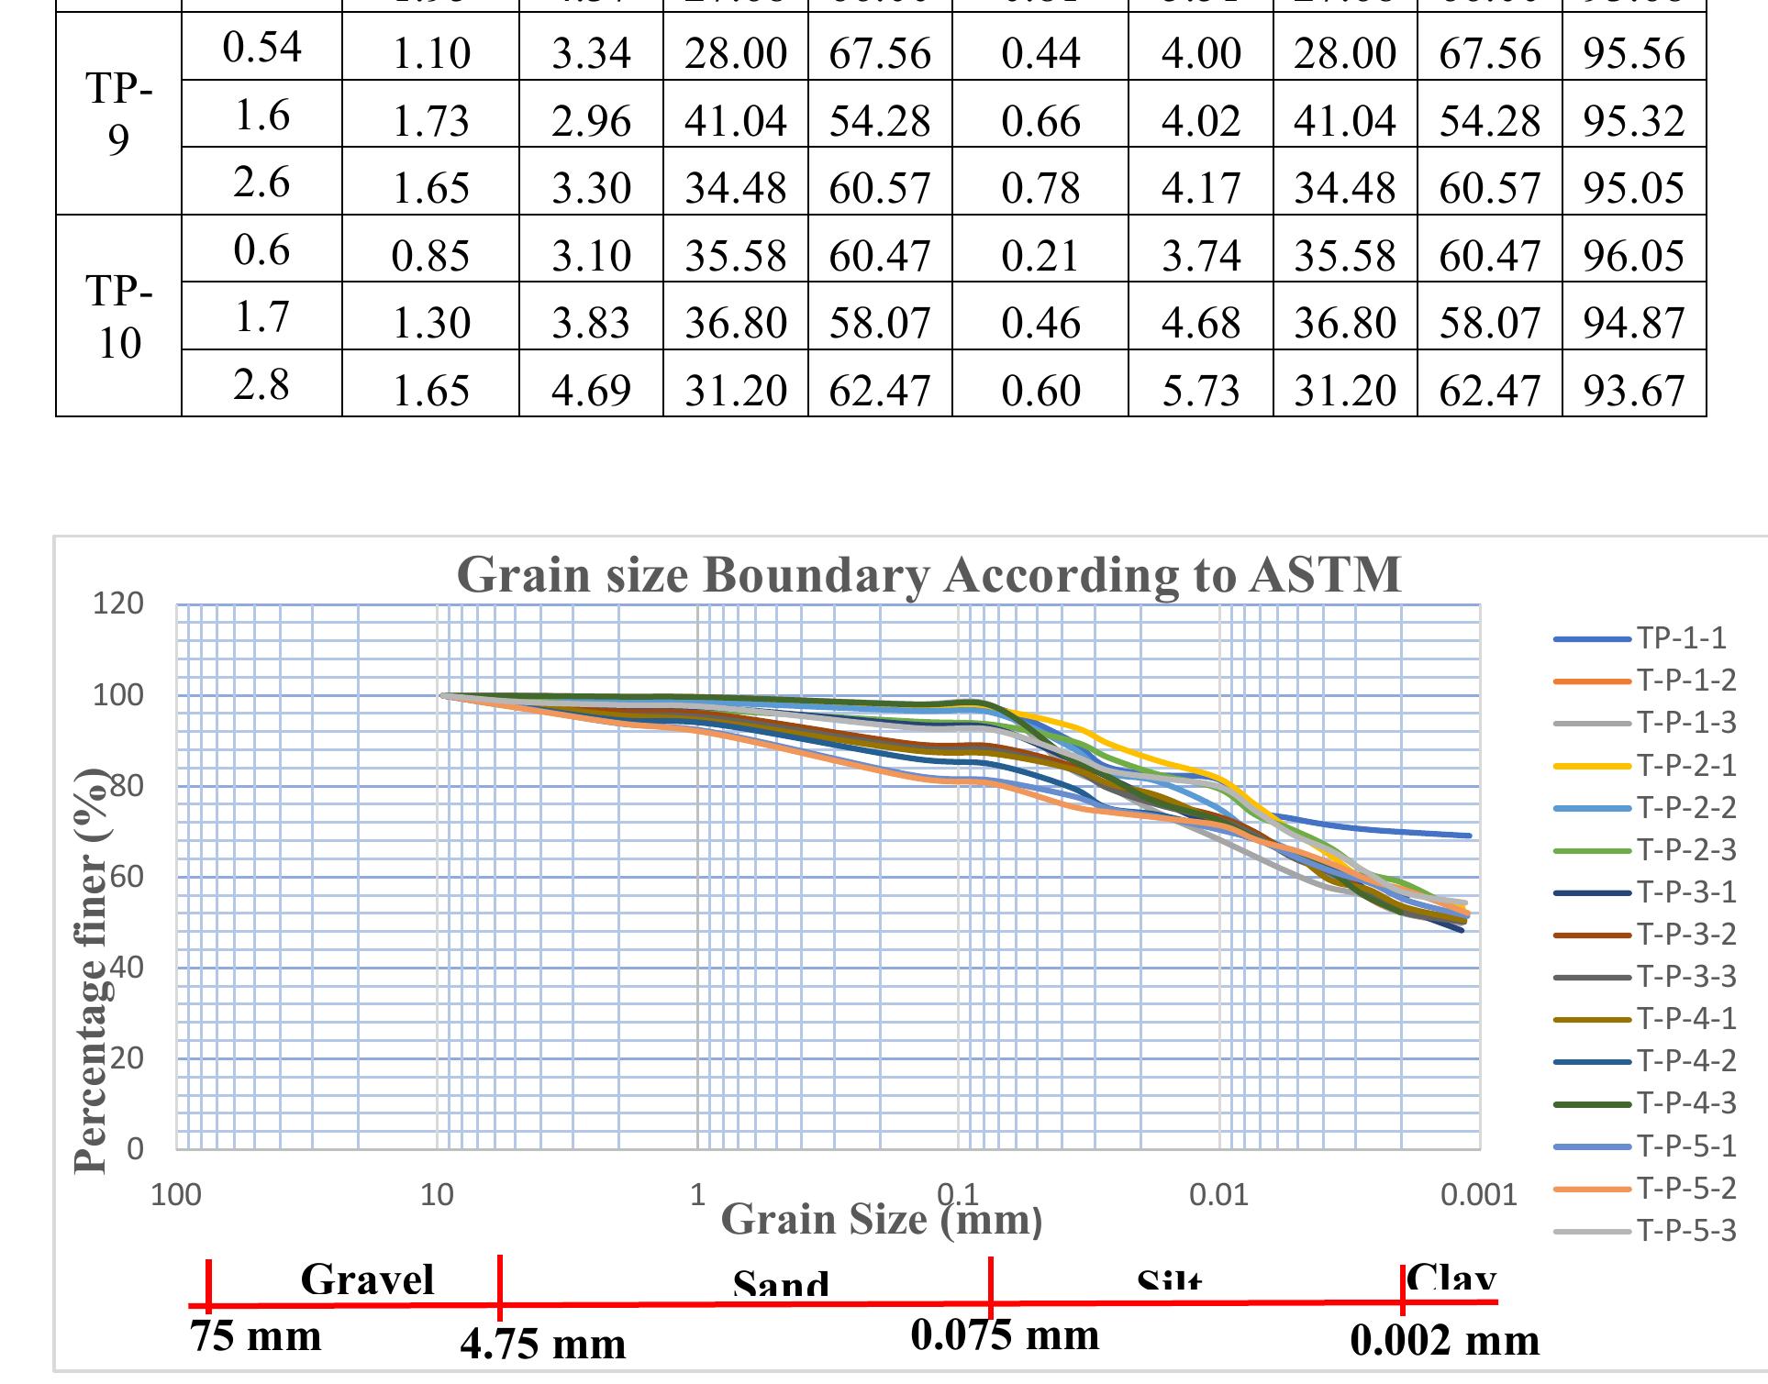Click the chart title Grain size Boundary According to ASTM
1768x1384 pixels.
(x=928, y=575)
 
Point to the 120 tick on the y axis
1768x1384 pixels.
(x=118, y=603)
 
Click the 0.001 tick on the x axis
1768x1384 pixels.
(x=1478, y=1194)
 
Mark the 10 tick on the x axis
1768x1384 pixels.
(x=437, y=1194)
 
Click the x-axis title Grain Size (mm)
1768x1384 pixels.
(x=882, y=1220)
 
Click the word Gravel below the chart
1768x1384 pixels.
(x=367, y=1279)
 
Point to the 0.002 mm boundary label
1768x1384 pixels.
(x=1445, y=1341)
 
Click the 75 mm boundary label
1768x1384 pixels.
(x=256, y=1336)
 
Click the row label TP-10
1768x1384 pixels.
(x=118, y=316)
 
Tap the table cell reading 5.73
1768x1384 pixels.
(x=1201, y=391)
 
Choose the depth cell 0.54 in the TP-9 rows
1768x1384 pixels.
(x=262, y=48)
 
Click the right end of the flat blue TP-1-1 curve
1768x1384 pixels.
(x=1469, y=836)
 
